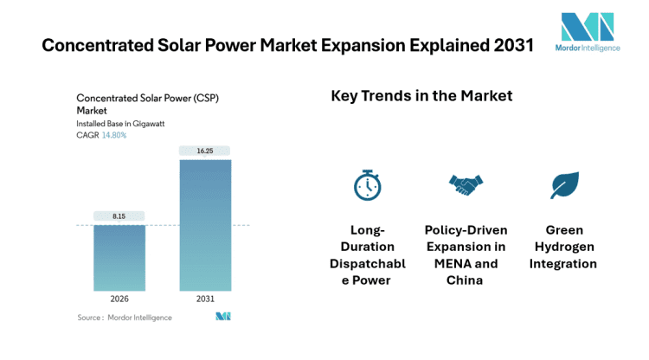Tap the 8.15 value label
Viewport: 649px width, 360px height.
pyautogui.click(x=119, y=216)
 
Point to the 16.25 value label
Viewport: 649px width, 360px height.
pyautogui.click(x=205, y=151)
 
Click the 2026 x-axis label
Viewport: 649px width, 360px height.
pyautogui.click(x=119, y=298)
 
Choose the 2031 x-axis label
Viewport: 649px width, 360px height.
pyautogui.click(x=205, y=298)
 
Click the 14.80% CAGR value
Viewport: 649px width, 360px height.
pyautogui.click(x=114, y=135)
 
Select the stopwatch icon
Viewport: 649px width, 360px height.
pyautogui.click(x=367, y=184)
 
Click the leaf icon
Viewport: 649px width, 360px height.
pyautogui.click(x=564, y=184)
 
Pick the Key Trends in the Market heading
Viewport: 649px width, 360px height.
pyautogui.click(x=421, y=96)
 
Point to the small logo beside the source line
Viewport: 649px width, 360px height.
pyautogui.click(x=223, y=317)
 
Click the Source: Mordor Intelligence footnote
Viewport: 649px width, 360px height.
pyautogui.click(x=125, y=318)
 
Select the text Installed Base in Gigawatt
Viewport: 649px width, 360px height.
pyautogui.click(x=120, y=124)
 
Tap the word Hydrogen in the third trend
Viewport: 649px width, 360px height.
pyautogui.click(x=564, y=247)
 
